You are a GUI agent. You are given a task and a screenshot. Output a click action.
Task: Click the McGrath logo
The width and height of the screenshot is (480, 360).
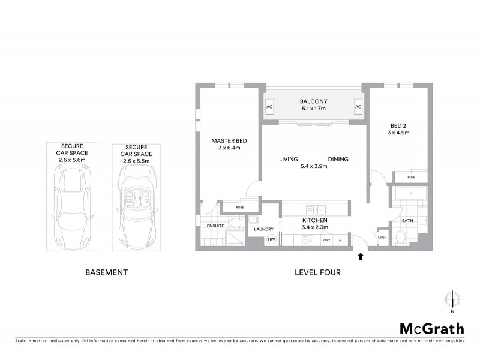431,328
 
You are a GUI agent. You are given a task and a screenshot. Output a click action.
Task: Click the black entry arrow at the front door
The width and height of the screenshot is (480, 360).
360,257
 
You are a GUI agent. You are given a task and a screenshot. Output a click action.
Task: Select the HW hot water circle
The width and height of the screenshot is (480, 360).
271,239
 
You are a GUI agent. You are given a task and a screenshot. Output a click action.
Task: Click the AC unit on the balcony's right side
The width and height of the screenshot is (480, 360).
358,107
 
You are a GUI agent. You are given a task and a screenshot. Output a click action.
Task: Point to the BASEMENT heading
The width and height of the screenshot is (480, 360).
107,272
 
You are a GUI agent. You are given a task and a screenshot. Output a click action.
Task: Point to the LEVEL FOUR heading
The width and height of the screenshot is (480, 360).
317,272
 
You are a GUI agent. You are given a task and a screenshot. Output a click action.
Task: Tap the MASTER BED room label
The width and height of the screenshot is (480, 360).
229,141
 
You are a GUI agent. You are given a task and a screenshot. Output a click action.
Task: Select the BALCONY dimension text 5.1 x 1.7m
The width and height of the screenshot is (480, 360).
313,109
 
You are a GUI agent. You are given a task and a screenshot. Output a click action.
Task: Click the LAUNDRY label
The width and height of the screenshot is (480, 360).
264,229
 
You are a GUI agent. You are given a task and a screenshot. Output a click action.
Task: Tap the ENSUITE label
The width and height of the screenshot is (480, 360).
215,226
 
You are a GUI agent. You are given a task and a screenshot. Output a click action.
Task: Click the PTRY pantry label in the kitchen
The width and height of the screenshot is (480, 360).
326,240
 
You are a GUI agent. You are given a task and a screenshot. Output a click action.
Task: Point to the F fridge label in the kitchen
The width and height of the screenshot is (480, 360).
340,240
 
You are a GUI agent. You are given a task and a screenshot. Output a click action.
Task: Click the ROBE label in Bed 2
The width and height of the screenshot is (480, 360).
411,177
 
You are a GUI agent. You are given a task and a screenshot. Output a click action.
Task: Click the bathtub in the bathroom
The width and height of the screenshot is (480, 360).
410,194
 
